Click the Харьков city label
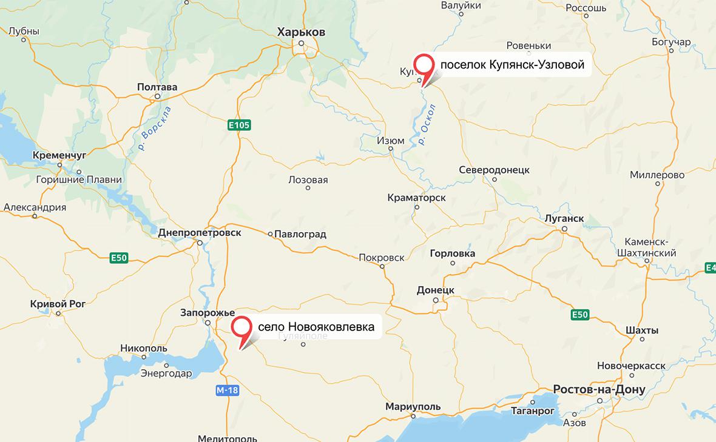301,32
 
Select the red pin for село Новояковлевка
243,327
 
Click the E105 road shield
239,125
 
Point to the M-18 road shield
227,390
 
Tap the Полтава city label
157,87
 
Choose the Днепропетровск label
199,233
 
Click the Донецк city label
436,290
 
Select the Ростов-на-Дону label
599,389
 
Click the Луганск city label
564,218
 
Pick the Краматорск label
416,198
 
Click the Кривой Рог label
56,304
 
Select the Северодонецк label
495,170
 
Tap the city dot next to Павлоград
271,233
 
